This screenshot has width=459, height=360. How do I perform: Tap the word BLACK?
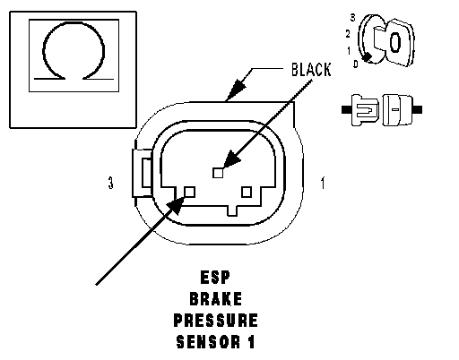pos(311,70)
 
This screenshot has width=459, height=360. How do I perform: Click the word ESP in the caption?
pos(215,277)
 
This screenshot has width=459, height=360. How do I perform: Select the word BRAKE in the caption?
pos(216,299)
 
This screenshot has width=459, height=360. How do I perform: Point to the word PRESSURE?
pos(215,321)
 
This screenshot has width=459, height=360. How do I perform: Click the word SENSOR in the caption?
pos(208,342)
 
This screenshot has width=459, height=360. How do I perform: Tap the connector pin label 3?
pos(111,183)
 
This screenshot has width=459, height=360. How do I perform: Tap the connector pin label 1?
pos(323,183)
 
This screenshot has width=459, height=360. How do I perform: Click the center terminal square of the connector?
pos(218,173)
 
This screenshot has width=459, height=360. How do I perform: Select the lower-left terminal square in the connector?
pos(190,192)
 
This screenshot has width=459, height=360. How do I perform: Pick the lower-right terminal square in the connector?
pos(247,192)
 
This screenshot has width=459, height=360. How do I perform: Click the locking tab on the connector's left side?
pos(143,173)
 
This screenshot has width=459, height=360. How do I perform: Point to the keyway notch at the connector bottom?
pos(232,210)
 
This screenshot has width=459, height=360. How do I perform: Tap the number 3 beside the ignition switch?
pos(353,18)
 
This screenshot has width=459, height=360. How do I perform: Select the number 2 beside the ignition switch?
pos(348,34)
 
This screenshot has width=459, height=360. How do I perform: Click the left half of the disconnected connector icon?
pos(360,110)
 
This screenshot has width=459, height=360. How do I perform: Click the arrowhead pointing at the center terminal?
pos(231,159)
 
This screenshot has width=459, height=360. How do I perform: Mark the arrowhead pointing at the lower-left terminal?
pos(176,205)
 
